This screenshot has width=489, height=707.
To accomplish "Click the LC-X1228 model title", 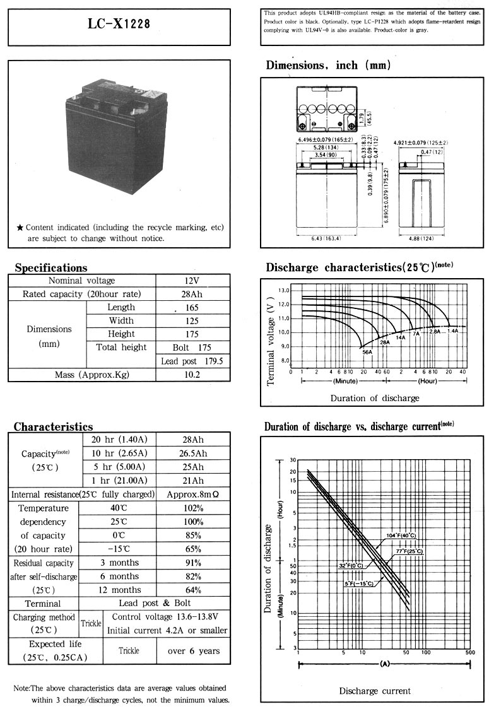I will [119, 25].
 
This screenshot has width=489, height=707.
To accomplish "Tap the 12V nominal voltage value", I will [192, 281].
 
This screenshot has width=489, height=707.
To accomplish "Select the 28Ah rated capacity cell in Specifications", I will [192, 294].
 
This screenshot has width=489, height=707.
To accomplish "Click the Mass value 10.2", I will [192, 375].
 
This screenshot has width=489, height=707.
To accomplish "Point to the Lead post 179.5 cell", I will [192, 361].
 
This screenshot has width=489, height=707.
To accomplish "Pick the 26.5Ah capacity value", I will [192, 453].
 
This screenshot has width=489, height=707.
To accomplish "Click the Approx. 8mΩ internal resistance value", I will [192, 494].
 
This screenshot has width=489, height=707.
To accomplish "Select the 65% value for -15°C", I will [192, 549].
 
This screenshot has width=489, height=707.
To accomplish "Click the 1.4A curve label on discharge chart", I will [452, 331].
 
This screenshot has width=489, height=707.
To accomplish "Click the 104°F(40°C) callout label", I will [401, 536].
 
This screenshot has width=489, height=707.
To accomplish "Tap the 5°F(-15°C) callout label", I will [358, 584].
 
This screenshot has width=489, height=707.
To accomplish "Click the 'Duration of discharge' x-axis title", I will [374, 398].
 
